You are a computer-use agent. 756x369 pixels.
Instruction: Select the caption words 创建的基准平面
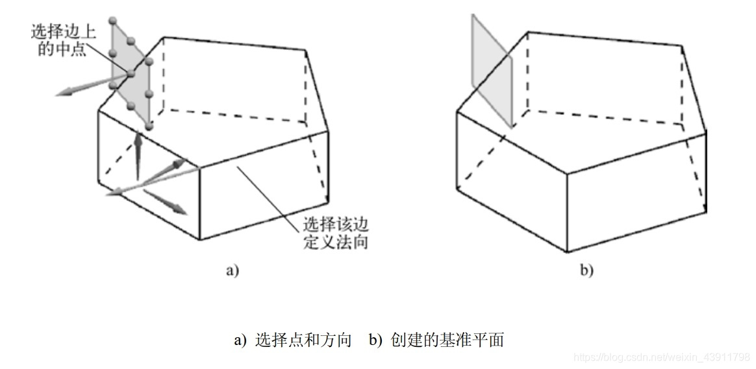pos(447,339)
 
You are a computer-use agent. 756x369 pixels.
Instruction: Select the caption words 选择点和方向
pos(303,339)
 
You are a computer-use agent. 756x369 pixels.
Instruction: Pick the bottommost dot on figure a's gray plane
pos(149,125)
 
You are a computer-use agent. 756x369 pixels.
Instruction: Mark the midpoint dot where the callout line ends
pos(130,74)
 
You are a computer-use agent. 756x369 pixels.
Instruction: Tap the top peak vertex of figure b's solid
pos(527,32)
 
